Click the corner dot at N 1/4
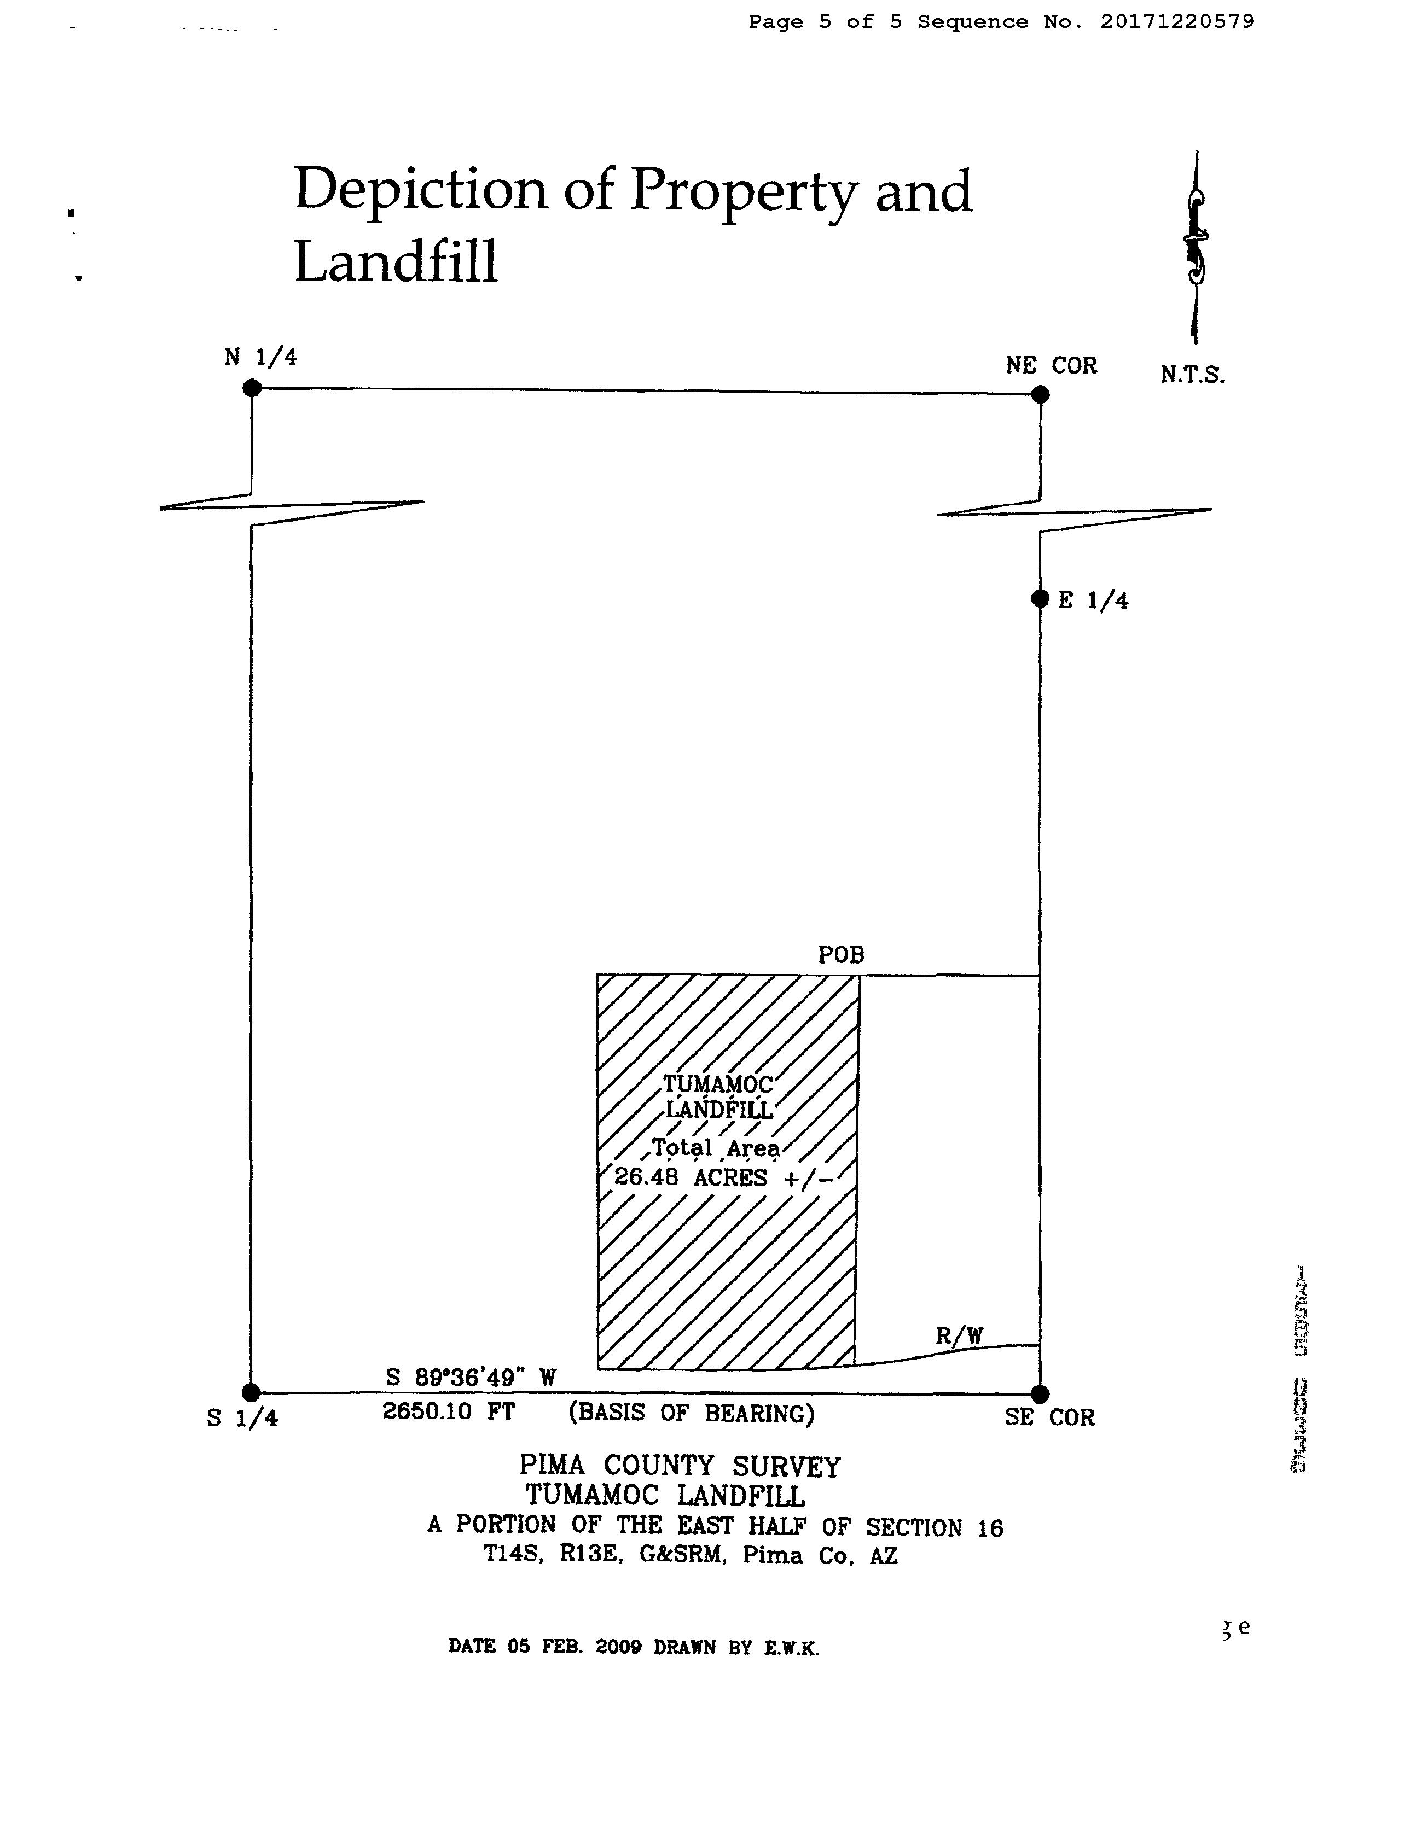[252, 388]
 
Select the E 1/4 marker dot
[1040, 599]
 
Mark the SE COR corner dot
[1040, 1394]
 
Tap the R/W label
[959, 1336]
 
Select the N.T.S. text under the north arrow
[1192, 375]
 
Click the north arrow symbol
[1196, 247]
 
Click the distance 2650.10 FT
[448, 1411]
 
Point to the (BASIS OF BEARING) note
[691, 1413]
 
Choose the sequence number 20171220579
[1177, 22]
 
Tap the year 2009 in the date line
[618, 1647]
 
